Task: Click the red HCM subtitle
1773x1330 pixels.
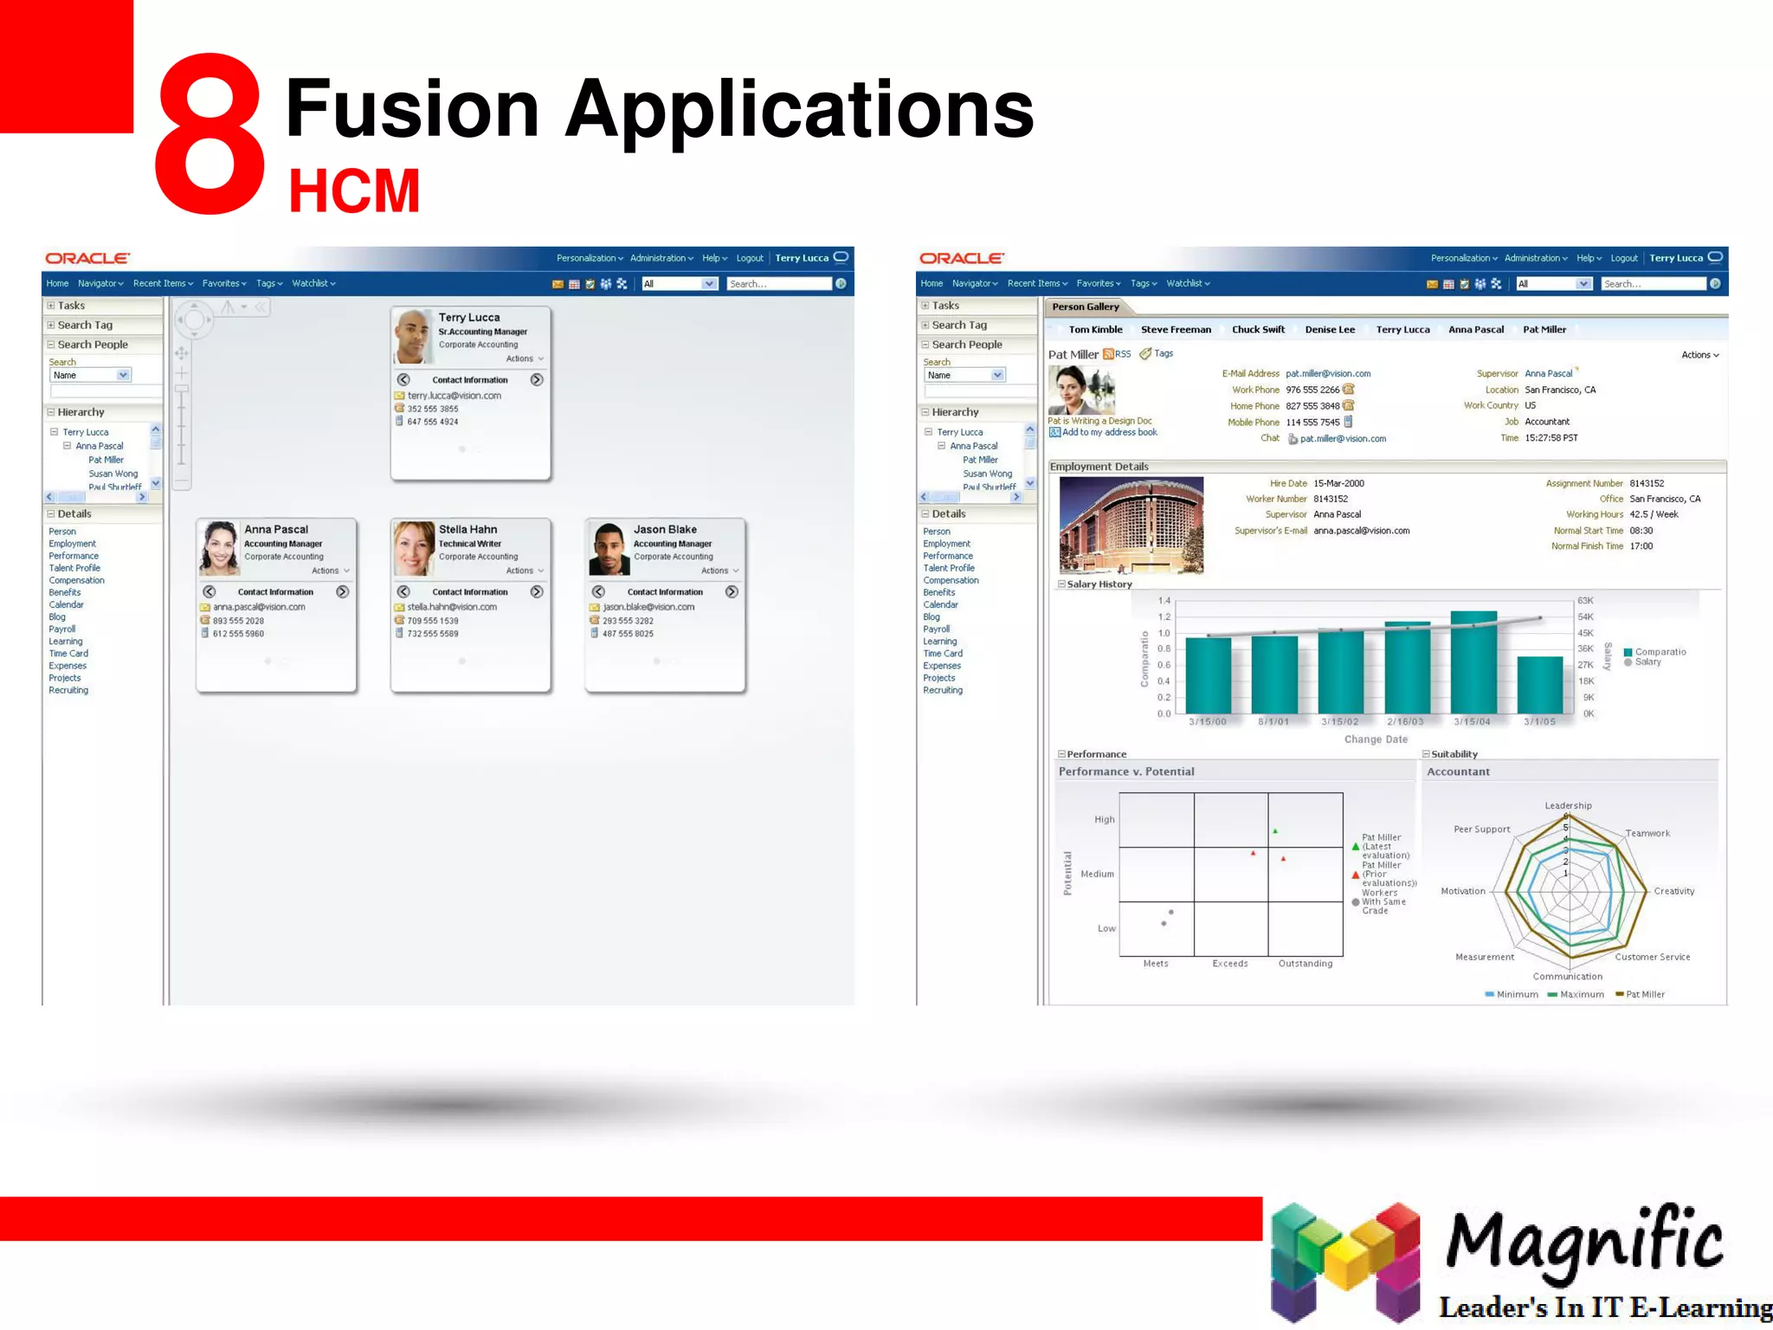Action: click(354, 191)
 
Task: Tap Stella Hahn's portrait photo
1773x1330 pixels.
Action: click(414, 548)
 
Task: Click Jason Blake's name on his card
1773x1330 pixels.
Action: click(664, 529)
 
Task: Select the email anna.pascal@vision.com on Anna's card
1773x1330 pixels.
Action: click(259, 607)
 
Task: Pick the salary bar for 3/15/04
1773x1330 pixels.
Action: click(1473, 662)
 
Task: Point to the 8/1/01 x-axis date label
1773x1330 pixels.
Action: click(1273, 721)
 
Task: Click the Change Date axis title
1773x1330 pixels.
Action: click(1375, 739)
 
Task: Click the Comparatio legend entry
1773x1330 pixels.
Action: click(1659, 652)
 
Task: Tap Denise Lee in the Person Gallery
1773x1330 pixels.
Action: click(1329, 329)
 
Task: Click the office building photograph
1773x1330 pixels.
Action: click(1131, 525)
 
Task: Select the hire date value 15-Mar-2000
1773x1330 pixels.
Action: click(1338, 483)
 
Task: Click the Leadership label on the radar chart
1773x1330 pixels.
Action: click(1568, 805)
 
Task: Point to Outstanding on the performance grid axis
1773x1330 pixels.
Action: click(1305, 963)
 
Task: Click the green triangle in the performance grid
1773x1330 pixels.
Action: click(1275, 831)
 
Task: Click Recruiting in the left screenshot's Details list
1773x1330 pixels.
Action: click(68, 690)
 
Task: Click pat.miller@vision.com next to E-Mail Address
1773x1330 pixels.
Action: click(1327, 373)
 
